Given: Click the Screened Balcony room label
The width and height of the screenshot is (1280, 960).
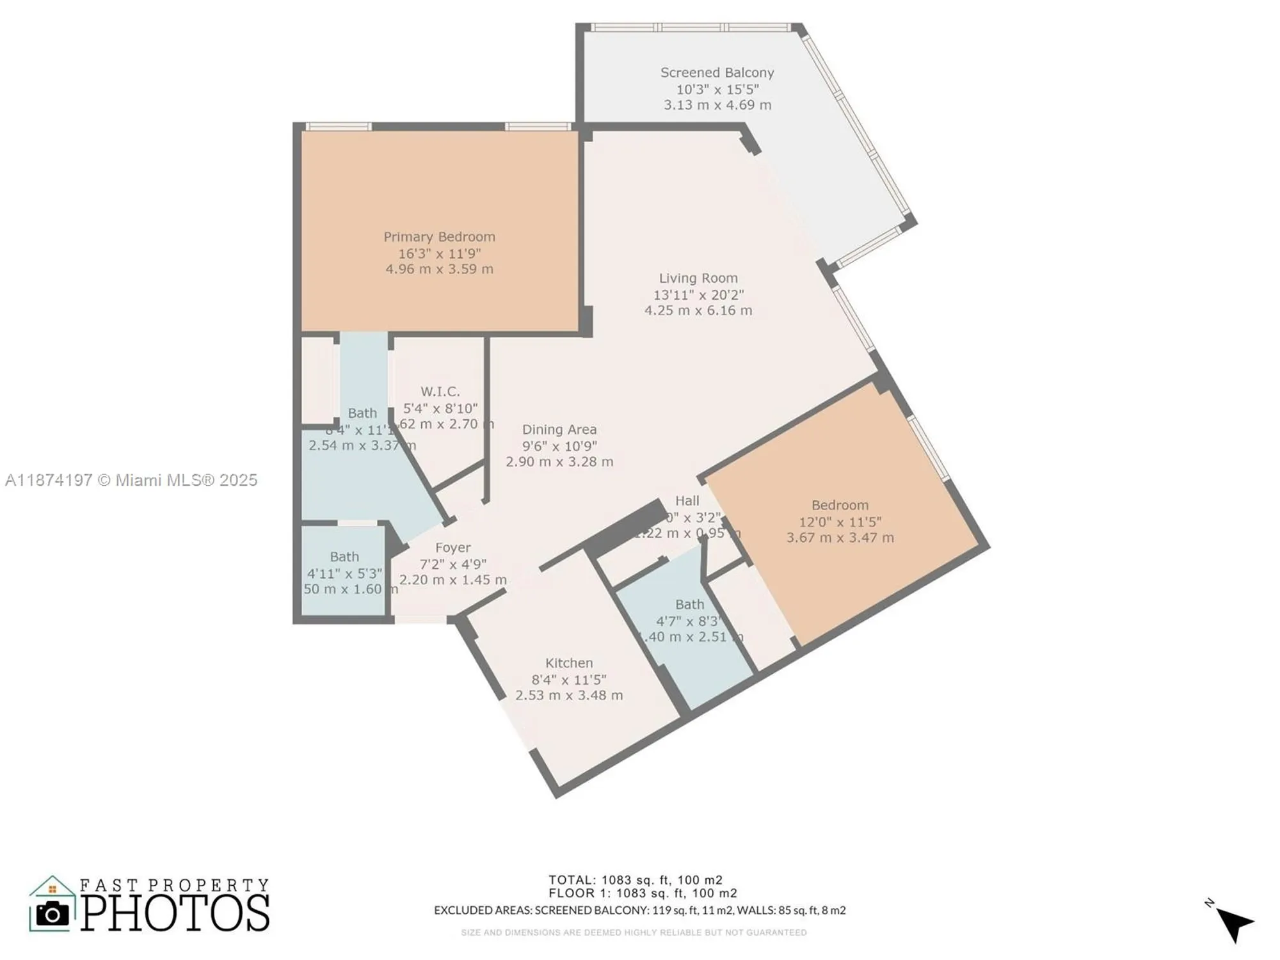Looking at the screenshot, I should pos(717,73).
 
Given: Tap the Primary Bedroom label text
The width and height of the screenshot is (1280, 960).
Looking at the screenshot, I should pos(439,237).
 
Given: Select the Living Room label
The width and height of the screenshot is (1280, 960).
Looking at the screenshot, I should pos(698,278).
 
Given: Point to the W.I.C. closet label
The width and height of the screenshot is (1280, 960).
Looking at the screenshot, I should pos(440,392).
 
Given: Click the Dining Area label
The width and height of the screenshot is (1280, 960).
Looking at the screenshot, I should pos(559,430).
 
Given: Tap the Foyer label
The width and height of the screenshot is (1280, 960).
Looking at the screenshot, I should pos(453,548).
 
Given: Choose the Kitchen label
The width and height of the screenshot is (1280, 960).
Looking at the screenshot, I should pos(569,663).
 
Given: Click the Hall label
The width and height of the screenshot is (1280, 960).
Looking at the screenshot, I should pos(687,501).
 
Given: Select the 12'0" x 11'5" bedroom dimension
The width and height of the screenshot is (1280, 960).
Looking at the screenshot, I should pos(840,522).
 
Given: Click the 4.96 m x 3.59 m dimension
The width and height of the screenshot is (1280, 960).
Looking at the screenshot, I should pos(439,269).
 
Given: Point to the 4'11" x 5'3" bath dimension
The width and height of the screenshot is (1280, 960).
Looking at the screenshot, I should pos(344,573).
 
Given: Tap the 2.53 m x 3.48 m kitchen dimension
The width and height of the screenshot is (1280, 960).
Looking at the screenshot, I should pos(569,696).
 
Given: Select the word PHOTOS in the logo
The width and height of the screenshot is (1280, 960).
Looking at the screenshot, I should pos(175,913).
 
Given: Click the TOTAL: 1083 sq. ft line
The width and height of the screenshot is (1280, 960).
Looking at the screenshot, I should pos(635,880).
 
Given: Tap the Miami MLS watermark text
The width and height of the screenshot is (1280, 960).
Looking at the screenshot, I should pos(131,480).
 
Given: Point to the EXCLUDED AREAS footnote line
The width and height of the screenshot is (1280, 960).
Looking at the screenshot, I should pos(639,910).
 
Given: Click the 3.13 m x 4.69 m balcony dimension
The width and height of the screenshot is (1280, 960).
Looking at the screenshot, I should pos(717,105).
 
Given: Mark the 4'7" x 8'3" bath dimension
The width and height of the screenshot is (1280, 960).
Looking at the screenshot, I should pos(689,621).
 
